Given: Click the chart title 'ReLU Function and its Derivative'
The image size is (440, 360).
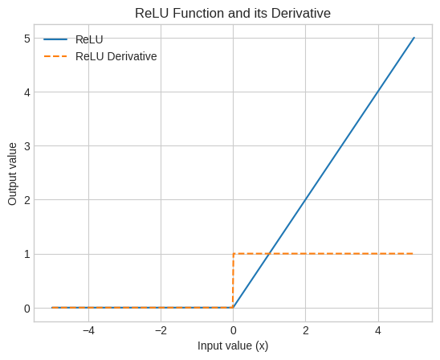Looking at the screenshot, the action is [233, 13].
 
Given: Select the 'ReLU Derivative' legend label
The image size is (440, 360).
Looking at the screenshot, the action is [116, 56].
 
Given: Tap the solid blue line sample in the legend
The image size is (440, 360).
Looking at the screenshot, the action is [55, 39].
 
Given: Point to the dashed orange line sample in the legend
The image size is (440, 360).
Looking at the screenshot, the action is [55, 56].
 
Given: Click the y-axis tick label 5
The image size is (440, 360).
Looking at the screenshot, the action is [27, 39].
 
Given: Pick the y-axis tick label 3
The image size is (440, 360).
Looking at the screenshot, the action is [27, 146].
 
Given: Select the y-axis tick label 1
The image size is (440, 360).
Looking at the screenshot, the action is [27, 255].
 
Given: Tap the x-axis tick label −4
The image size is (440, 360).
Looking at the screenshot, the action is [88, 331].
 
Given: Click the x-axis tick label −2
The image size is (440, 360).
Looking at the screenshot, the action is [161, 331].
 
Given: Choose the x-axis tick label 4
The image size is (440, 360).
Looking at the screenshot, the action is [378, 331].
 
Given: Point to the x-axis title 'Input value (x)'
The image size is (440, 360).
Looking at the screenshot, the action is [233, 346].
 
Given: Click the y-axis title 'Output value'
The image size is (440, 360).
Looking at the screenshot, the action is [12, 174].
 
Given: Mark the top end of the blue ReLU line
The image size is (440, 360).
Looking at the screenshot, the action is [414, 38].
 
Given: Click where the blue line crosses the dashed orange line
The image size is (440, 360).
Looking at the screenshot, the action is [270, 254].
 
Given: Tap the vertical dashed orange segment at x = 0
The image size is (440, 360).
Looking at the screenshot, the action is [233, 280].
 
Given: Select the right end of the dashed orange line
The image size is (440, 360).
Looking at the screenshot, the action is [414, 254].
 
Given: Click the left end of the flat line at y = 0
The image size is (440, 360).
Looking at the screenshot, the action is [52, 308].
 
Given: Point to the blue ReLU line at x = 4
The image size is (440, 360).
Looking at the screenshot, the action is [378, 92].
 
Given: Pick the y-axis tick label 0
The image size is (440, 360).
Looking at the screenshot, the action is [27, 309].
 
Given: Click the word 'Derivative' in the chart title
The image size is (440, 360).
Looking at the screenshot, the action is [301, 13].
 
